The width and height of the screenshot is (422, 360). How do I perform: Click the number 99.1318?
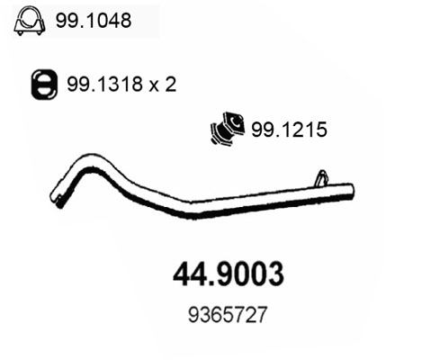click(x=95, y=86)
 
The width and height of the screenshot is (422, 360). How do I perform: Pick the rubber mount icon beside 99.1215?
click(x=227, y=130)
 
